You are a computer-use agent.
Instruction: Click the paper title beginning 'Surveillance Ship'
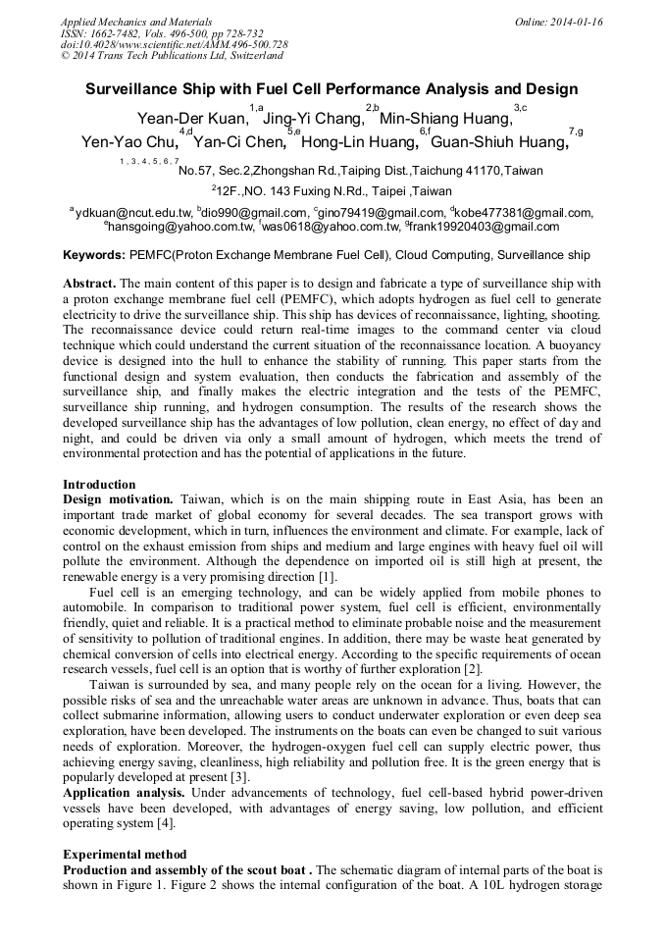[332, 89]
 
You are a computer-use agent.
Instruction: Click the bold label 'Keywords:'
[94, 255]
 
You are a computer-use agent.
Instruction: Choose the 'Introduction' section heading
[99, 485]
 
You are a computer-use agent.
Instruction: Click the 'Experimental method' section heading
[125, 855]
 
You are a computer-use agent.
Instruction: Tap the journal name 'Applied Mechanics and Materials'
[137, 22]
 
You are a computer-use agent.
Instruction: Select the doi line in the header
[174, 45]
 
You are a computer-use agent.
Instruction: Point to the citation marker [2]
[473, 669]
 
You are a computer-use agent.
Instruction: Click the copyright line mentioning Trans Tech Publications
[172, 57]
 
